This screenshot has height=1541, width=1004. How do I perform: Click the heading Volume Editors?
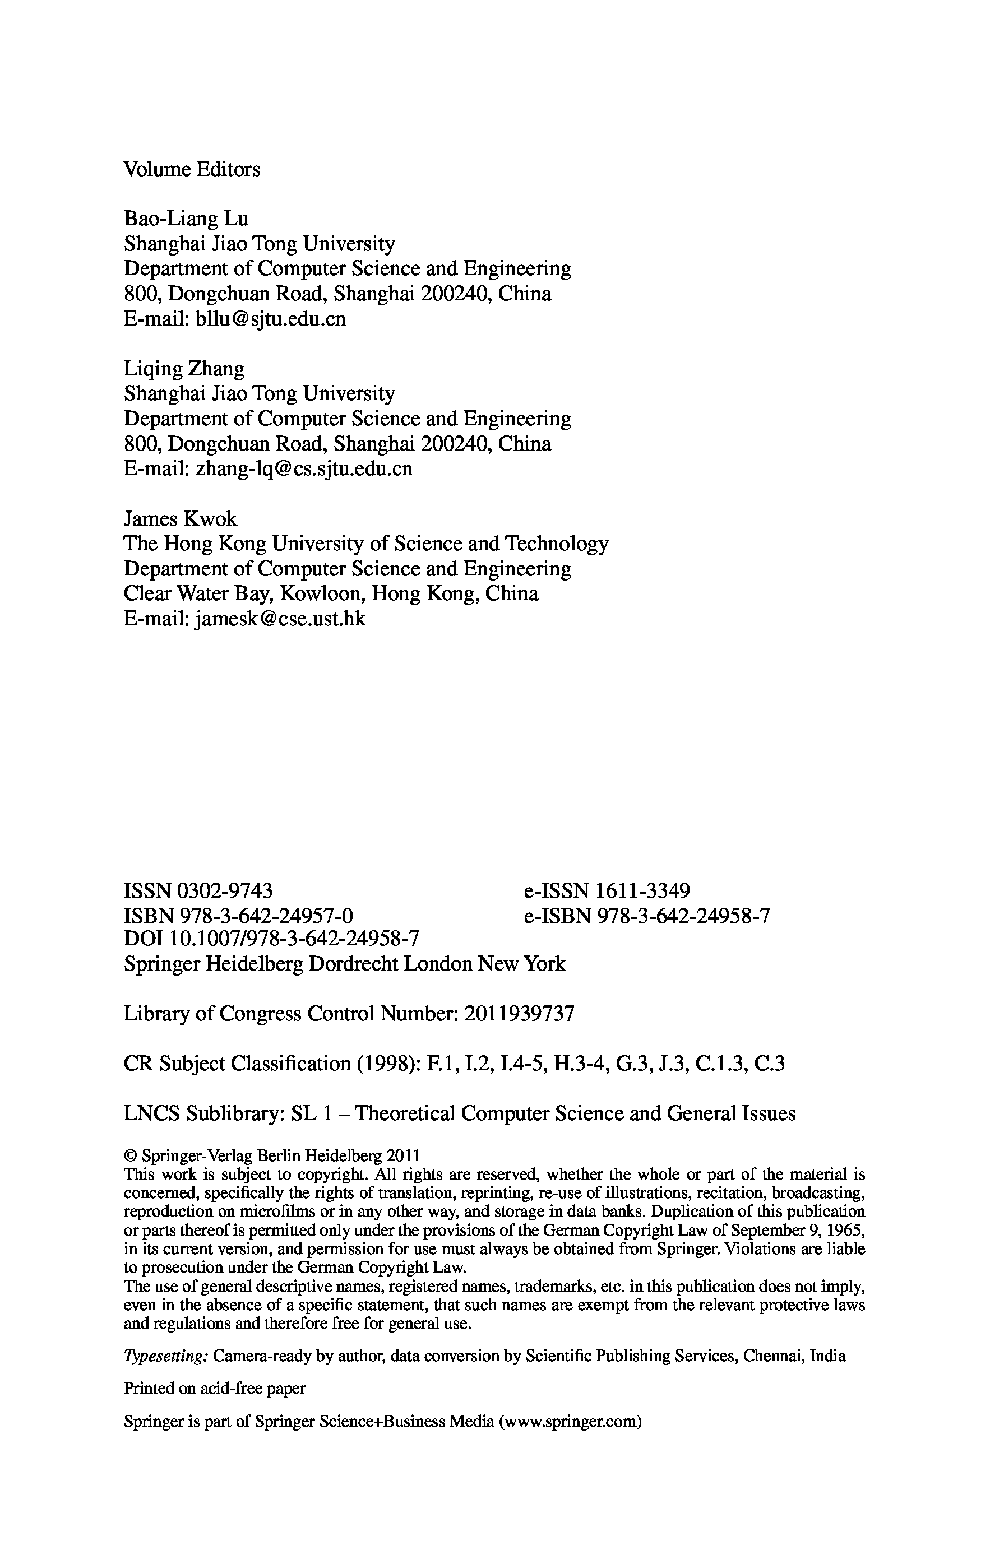coord(192,169)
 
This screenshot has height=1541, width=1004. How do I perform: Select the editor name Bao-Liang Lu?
coord(186,219)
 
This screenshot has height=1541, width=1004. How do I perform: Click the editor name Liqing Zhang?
coord(184,369)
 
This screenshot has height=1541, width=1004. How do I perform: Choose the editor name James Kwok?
coord(180,519)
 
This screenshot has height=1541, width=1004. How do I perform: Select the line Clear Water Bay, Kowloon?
coord(330,594)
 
